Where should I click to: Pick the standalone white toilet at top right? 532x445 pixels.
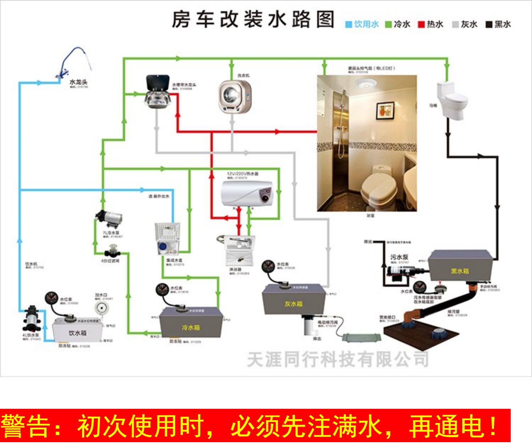click(x=451, y=101)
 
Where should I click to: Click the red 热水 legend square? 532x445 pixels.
click(x=421, y=24)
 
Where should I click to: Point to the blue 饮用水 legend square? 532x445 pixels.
click(x=349, y=24)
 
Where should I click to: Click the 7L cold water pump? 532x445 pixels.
click(x=109, y=218)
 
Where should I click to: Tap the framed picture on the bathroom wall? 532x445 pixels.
click(x=385, y=110)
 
